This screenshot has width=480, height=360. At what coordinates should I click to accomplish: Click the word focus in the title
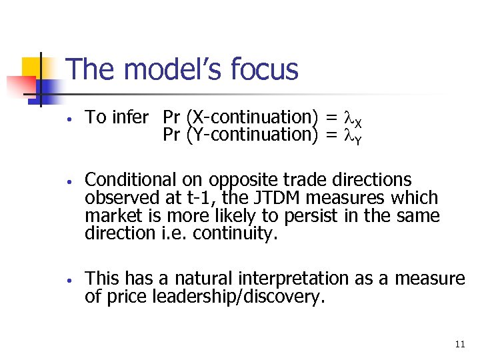(264, 69)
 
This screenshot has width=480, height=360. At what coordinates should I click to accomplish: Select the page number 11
(459, 344)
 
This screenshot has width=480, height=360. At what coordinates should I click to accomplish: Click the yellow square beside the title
(33, 67)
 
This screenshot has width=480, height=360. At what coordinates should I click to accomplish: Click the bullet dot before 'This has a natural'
(69, 279)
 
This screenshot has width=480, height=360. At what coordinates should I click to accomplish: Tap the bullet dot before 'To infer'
(69, 119)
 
